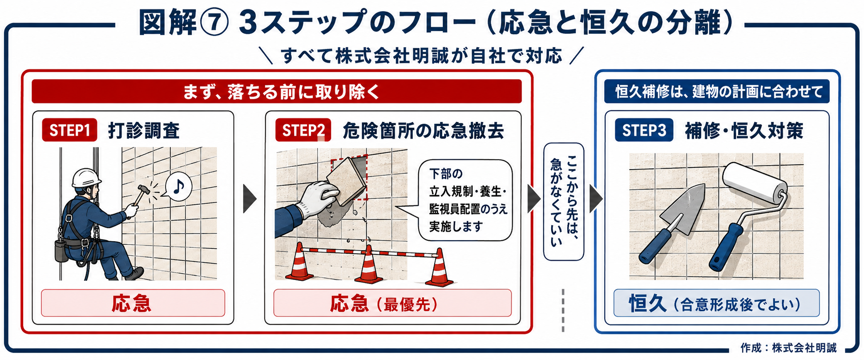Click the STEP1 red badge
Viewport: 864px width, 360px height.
[x=69, y=130]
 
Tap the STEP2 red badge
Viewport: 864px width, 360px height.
[x=303, y=130]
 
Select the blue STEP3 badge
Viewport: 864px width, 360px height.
[x=644, y=130]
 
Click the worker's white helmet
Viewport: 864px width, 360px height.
[x=86, y=178]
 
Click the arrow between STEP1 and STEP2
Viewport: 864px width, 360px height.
[x=250, y=198]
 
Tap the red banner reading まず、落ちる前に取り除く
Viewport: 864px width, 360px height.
[x=276, y=92]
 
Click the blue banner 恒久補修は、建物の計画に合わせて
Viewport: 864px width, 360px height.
[x=717, y=92]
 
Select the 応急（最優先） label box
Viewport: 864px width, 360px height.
[x=392, y=303]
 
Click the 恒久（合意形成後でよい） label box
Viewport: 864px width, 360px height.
[x=716, y=303]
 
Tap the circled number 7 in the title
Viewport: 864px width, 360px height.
[x=215, y=23]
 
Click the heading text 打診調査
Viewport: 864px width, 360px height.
[x=144, y=130]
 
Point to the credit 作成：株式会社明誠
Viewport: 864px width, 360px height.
[x=788, y=348]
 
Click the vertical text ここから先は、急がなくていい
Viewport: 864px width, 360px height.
[x=564, y=201]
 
